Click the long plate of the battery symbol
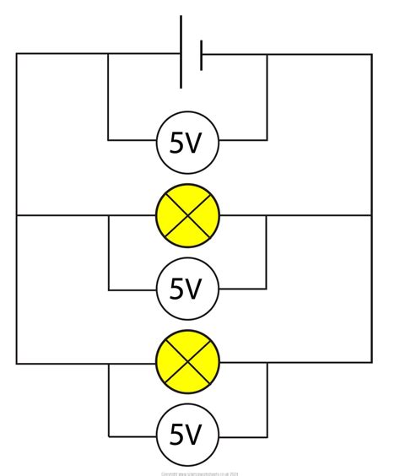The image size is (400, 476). click(x=181, y=51)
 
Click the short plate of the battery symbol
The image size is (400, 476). click(x=201, y=54)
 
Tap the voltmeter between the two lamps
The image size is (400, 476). click(x=187, y=289)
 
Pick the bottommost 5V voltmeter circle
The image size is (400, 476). click(x=187, y=436)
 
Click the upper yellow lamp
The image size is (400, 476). click(x=187, y=215)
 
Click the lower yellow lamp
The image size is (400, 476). click(x=187, y=364)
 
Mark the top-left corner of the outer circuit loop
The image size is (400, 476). click(x=16, y=54)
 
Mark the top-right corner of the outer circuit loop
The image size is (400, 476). click(x=371, y=54)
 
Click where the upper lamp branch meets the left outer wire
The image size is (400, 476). click(x=16, y=215)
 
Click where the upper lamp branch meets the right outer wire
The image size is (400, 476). click(x=371, y=215)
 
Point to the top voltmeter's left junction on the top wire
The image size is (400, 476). click(x=108, y=54)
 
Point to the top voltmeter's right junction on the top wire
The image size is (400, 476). click(x=267, y=54)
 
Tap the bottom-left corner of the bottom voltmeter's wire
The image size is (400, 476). click(x=108, y=436)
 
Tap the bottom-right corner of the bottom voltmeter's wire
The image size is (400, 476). click(x=267, y=436)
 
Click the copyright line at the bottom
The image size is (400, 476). click(x=200, y=473)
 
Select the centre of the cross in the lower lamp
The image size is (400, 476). click(x=187, y=364)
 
